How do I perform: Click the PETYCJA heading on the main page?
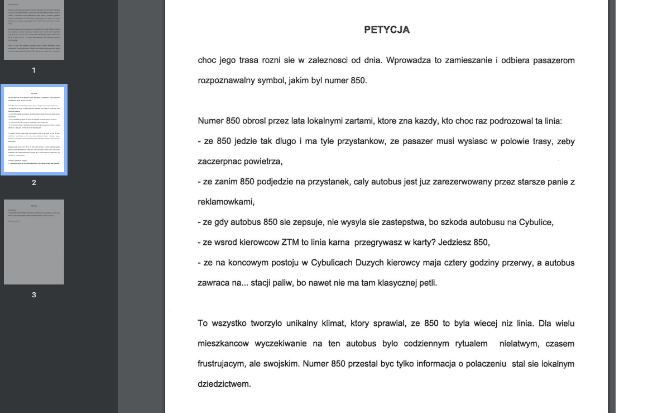(387, 30)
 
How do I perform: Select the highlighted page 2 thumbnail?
(34, 130)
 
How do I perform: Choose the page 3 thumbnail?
(34, 241)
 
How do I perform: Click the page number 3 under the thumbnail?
(34, 295)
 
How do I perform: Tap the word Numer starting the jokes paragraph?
(211, 121)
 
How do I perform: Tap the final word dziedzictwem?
(224, 384)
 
